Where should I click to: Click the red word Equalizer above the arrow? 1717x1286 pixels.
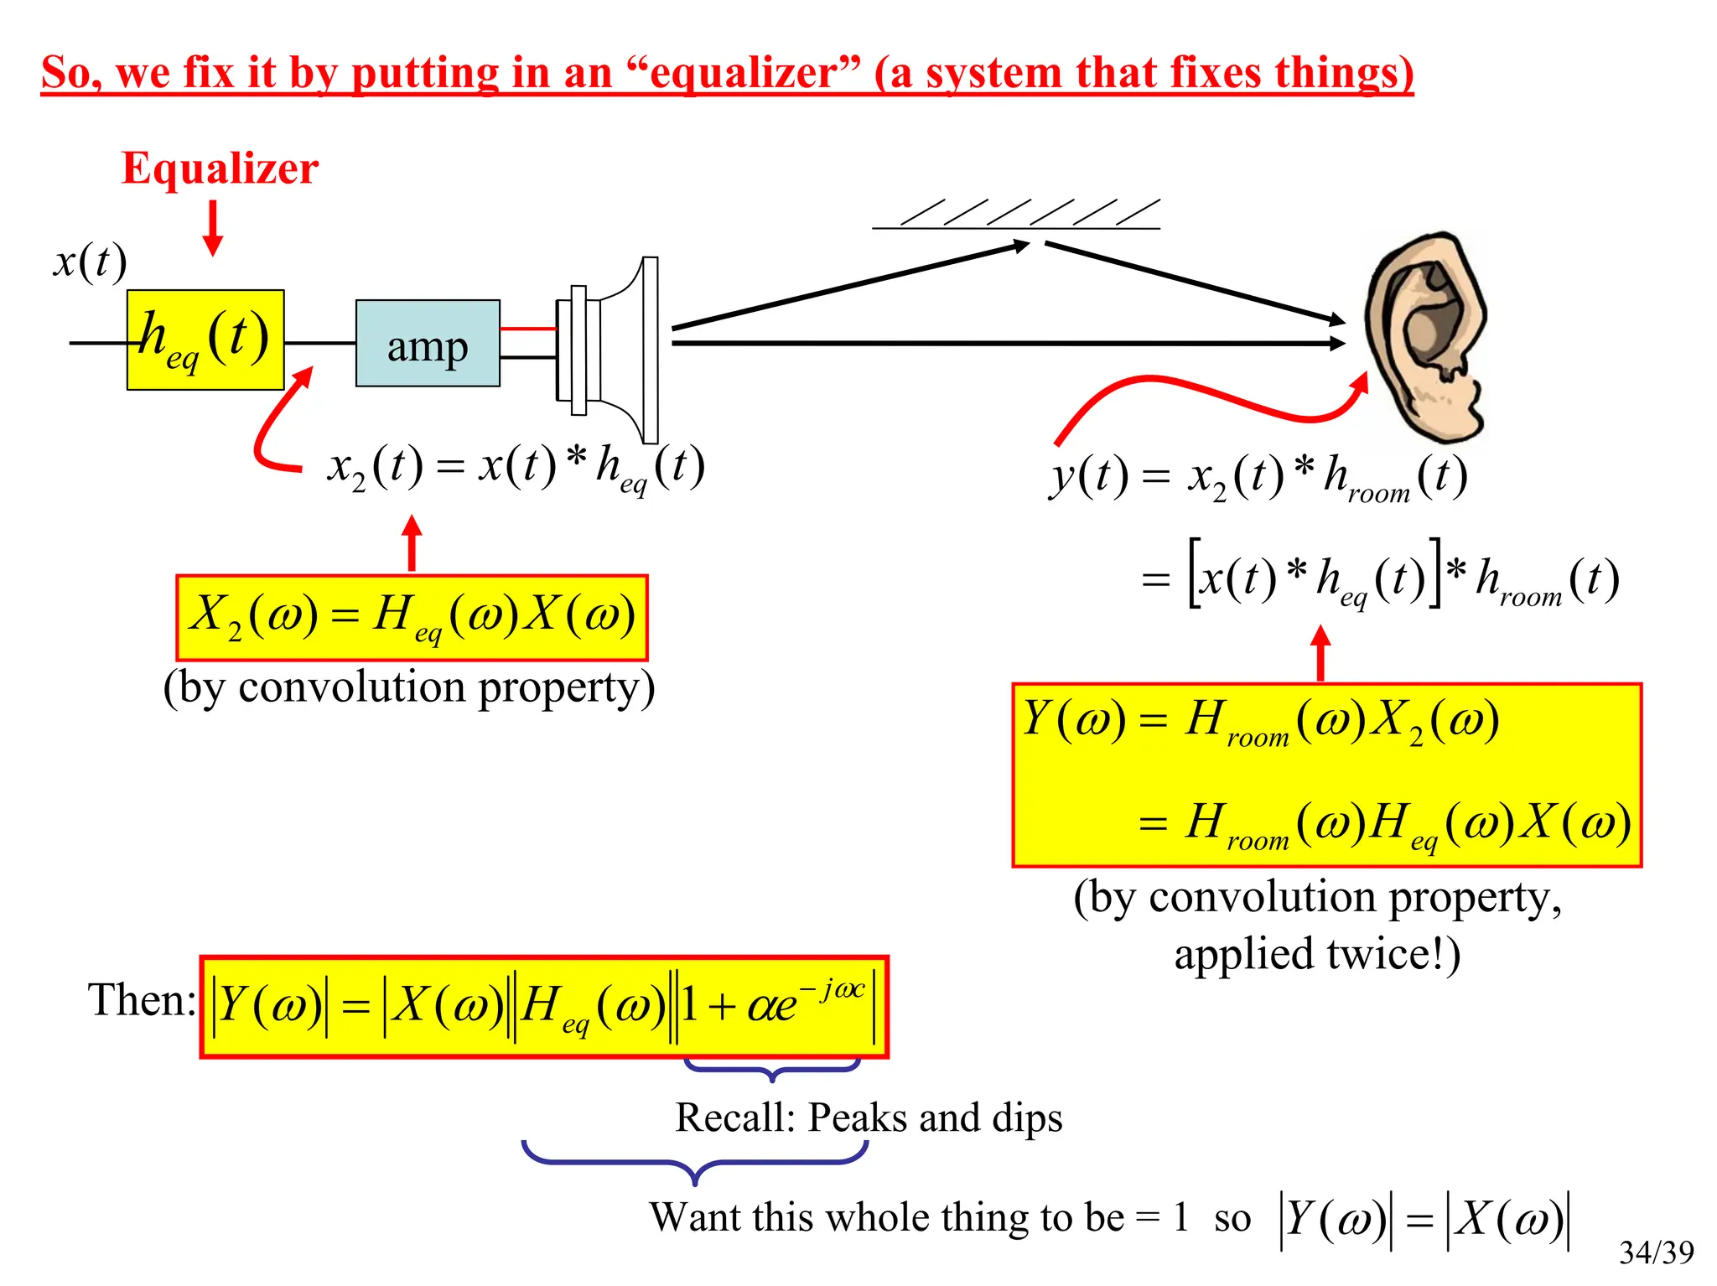220,169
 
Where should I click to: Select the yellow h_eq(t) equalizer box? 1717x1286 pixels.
205,340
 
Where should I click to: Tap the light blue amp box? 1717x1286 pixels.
428,344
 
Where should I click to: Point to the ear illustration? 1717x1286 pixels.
1425,335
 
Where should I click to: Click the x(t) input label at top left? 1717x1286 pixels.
90,262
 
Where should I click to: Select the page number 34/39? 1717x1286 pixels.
1656,1252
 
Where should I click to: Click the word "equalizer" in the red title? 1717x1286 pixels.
743,72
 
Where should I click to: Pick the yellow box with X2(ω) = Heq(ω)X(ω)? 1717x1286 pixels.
412,617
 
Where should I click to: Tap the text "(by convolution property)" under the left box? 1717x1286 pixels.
409,687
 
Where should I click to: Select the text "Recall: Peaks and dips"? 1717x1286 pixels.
869,1117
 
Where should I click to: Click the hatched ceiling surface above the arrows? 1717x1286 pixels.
1016,215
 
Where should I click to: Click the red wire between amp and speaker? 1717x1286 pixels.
528,329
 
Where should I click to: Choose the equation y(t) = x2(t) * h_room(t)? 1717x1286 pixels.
1258,478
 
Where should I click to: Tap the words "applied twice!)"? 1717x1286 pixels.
1317,954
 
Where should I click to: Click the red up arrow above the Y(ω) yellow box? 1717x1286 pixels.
1320,653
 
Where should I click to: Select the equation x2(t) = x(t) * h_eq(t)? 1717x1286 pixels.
516,467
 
